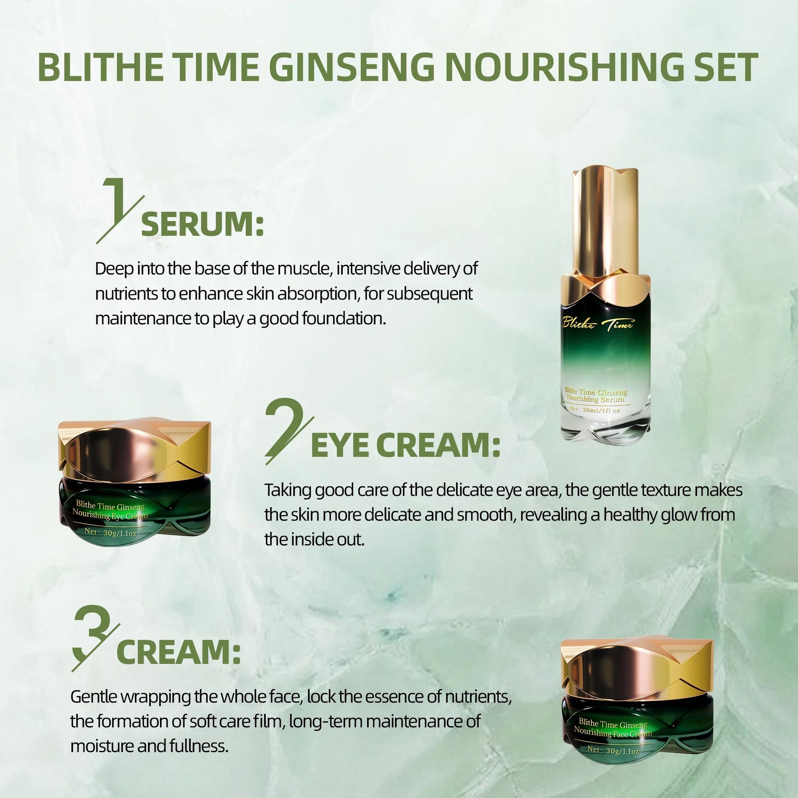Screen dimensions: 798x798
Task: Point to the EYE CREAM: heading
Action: click(x=405, y=446)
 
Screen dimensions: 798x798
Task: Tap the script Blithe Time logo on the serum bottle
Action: click(x=597, y=324)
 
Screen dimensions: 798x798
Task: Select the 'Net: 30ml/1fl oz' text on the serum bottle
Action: click(x=595, y=410)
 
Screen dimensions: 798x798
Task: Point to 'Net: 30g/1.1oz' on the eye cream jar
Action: click(x=110, y=532)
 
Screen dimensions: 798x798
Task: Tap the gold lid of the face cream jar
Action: click(x=637, y=672)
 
